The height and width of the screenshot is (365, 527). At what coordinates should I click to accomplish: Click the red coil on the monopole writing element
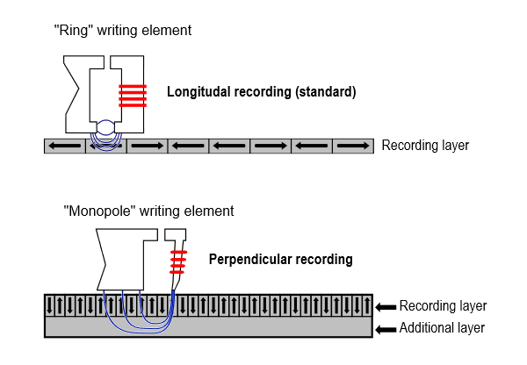[179, 261]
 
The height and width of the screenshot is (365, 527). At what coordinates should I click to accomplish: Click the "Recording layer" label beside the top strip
[425, 146]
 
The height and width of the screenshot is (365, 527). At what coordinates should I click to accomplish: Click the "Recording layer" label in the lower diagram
[443, 306]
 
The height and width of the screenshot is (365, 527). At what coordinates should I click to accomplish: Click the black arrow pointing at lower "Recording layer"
[385, 307]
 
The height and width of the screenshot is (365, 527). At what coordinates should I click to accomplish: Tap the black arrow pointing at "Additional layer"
[385, 328]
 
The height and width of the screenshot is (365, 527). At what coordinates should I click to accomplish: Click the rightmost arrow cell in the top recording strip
[353, 146]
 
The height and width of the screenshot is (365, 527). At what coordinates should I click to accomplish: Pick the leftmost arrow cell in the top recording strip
[65, 146]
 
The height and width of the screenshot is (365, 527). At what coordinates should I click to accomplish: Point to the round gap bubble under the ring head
[105, 128]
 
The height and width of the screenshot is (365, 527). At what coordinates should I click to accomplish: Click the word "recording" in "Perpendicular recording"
[321, 260]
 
